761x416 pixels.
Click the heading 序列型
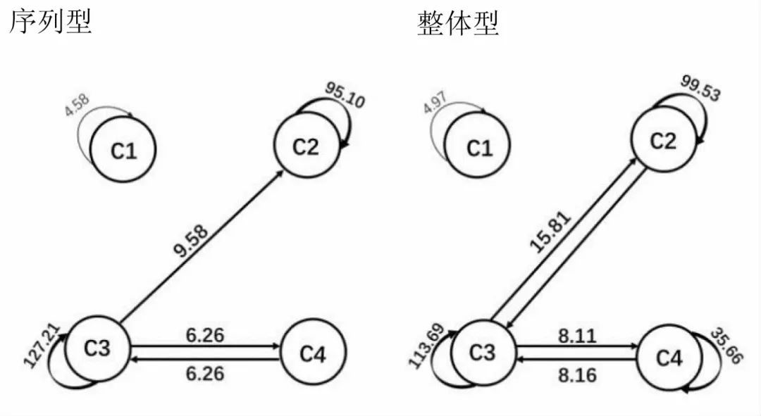[50, 23]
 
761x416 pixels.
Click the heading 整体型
[458, 23]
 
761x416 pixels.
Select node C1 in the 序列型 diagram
[124, 150]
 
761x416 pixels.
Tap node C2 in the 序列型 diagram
[306, 146]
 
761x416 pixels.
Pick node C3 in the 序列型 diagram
[98, 348]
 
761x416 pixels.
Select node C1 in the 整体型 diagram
[480, 149]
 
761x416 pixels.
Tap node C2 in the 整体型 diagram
[662, 141]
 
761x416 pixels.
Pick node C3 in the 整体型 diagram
[483, 352]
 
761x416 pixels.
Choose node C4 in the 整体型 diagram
[669, 358]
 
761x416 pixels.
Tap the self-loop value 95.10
[345, 95]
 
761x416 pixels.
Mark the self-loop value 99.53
[700, 87]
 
